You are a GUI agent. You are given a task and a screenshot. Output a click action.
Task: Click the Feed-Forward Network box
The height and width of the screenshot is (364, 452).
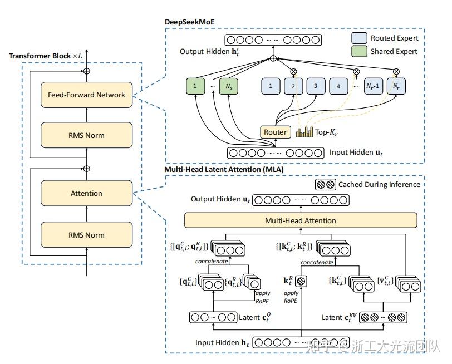tap(87, 95)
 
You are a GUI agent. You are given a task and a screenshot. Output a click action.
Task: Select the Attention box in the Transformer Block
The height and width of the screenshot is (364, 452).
tap(87, 193)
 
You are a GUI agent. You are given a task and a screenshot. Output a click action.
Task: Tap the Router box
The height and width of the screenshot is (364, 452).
tap(275, 132)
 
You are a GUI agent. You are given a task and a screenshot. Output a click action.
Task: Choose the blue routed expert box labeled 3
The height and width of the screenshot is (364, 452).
tap(316, 87)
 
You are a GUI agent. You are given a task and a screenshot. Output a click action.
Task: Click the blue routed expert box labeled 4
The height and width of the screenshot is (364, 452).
tap(338, 87)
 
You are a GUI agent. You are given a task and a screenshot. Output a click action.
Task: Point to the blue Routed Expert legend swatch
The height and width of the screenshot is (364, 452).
tap(361, 38)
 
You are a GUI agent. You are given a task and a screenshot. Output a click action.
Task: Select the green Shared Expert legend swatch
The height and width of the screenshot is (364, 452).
tap(361, 52)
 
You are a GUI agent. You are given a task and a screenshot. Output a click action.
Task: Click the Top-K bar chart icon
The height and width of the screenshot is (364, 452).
tap(305, 132)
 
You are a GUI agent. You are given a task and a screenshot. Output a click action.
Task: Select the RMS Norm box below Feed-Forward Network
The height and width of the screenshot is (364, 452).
tap(87, 135)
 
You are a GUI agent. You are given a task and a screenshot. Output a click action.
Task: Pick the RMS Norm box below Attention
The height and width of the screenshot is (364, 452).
tap(87, 234)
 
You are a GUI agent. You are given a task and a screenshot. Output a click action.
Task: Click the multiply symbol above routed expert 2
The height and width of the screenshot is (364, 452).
tap(293, 71)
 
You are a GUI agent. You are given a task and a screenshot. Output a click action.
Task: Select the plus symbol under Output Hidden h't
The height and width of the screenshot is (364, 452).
tap(273, 58)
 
